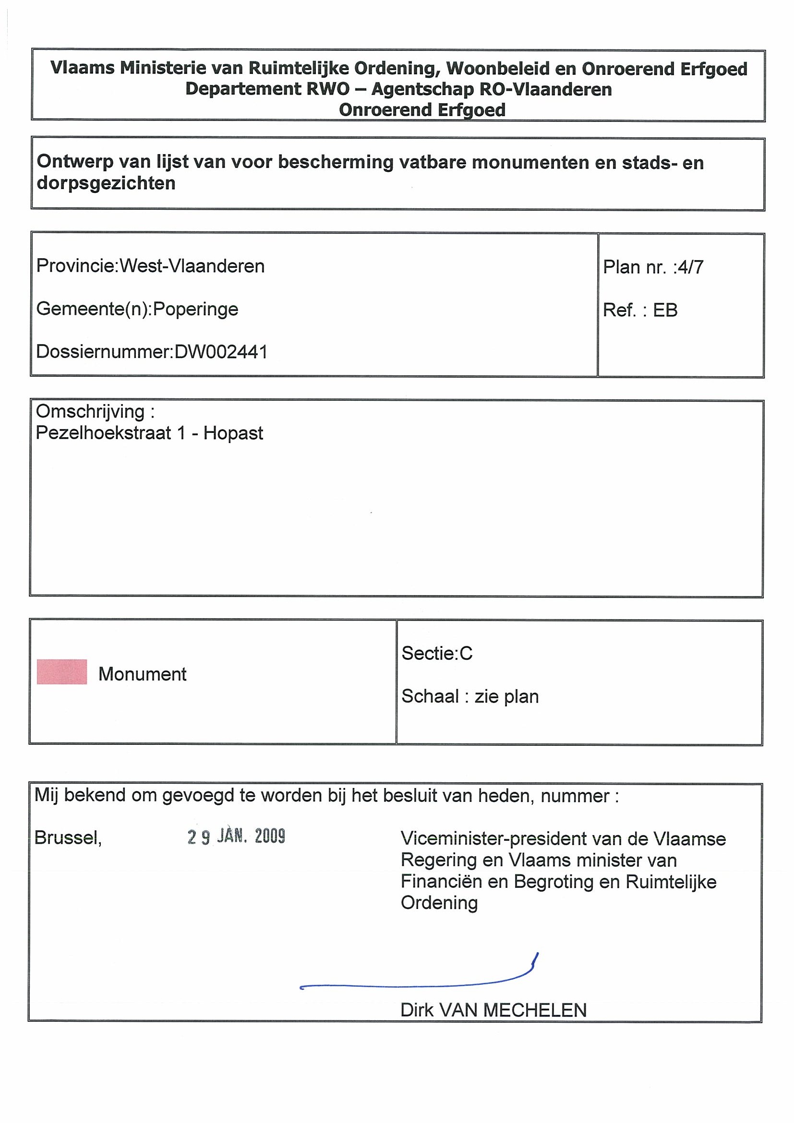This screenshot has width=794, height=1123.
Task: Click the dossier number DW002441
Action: [x=221, y=352]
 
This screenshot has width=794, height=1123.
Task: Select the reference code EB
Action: [x=665, y=310]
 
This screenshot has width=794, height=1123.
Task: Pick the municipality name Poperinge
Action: [x=196, y=309]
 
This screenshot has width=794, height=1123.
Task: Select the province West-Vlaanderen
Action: [x=192, y=266]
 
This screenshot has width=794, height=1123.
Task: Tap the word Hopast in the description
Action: [x=233, y=433]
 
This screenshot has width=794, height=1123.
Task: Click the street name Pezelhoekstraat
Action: [x=103, y=433]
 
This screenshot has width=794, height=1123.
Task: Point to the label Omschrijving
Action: [x=91, y=412]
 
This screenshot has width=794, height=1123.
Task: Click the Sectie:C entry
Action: [x=437, y=654]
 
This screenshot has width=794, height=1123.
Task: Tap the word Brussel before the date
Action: [x=68, y=838]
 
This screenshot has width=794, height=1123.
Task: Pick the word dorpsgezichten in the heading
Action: [x=106, y=183]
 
